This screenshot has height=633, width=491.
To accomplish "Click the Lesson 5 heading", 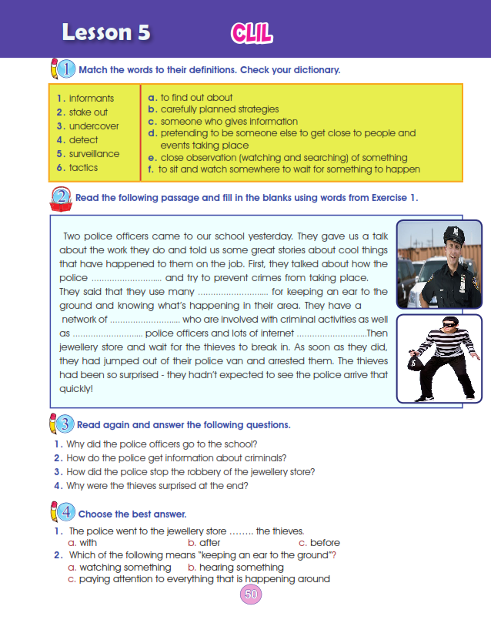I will click(106, 32).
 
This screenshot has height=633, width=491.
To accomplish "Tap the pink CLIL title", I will click(252, 33).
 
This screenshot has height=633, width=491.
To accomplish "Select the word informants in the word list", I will click(91, 99).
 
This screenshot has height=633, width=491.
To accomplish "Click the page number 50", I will click(251, 594).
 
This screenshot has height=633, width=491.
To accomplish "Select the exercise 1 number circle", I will click(66, 69).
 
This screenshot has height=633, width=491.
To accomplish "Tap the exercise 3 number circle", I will click(65, 424).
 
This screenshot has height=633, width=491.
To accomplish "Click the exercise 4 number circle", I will click(66, 513).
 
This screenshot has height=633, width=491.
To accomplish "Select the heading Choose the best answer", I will click(132, 514).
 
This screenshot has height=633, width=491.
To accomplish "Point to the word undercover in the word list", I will click(94, 126).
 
